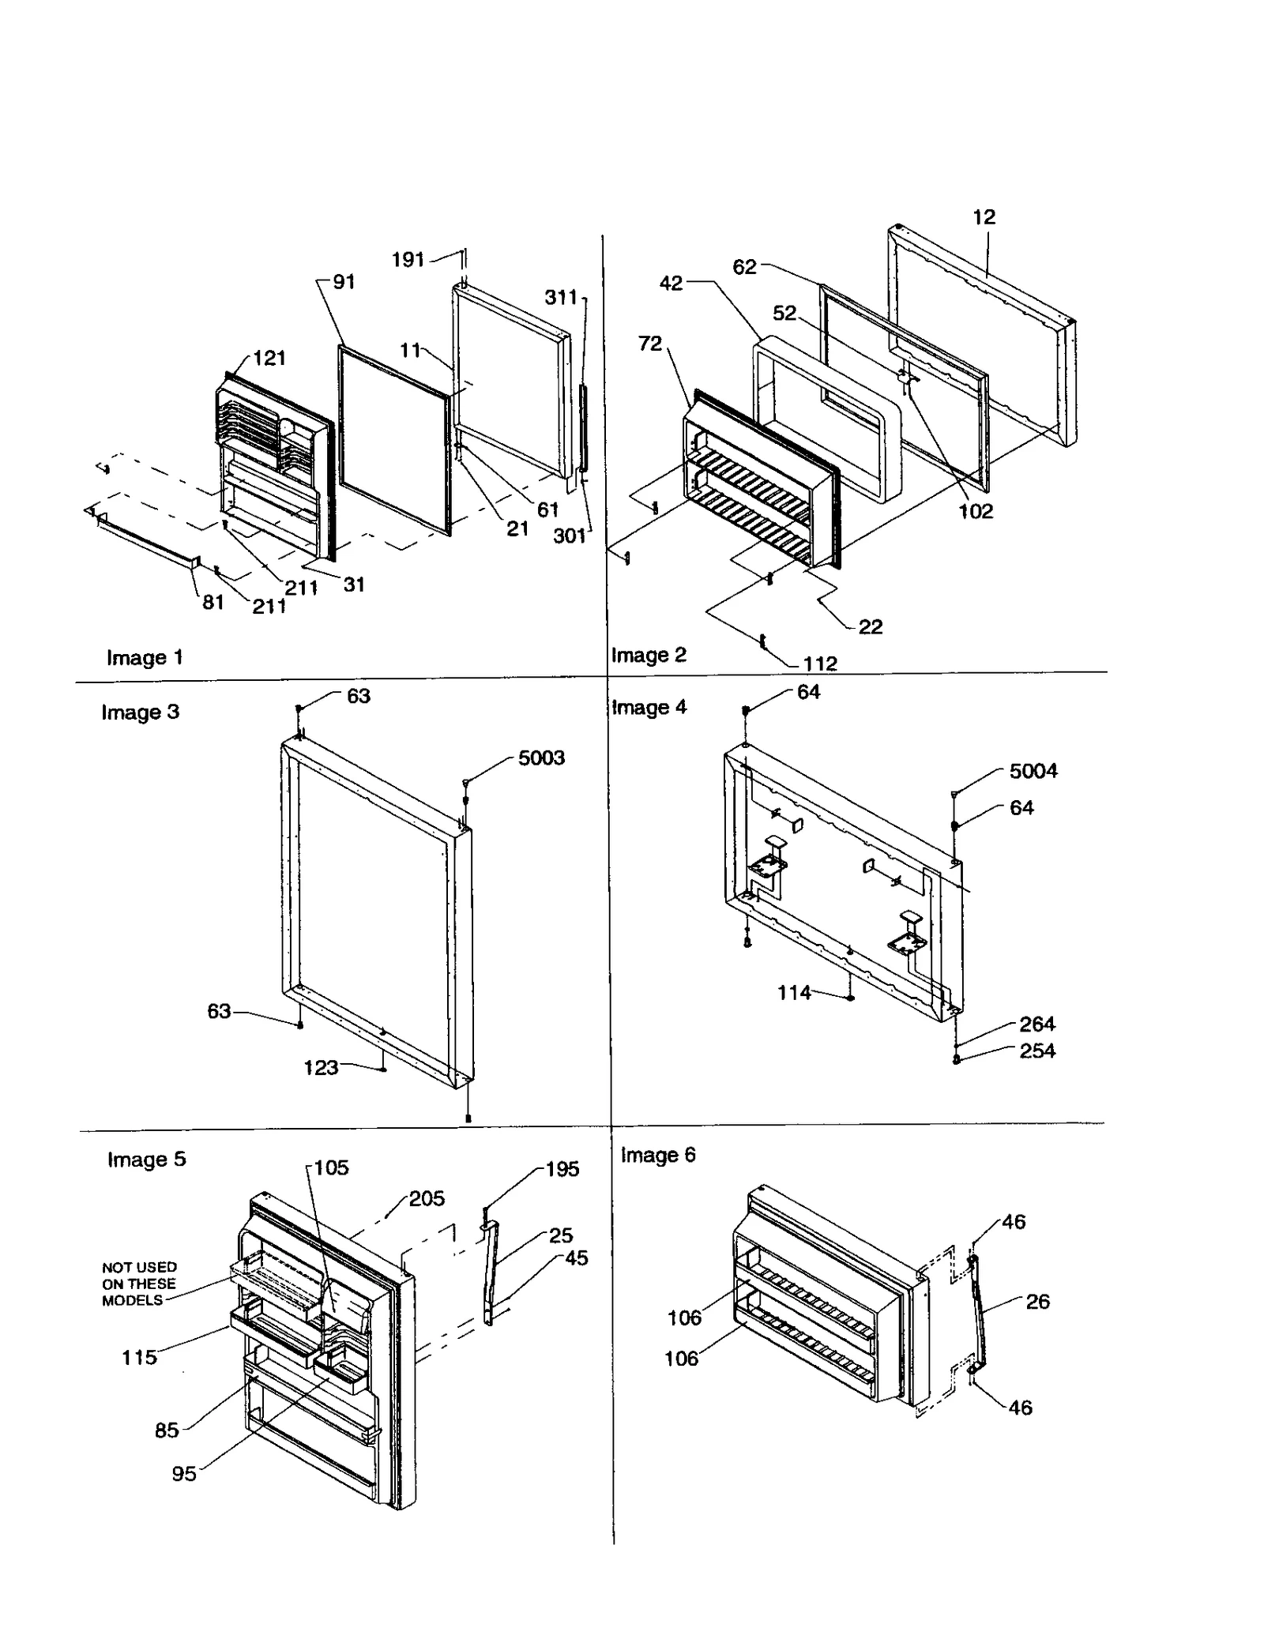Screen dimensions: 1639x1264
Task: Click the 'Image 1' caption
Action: tap(145, 657)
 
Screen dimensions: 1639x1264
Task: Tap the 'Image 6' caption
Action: tap(657, 1155)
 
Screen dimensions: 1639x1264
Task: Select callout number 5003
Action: tap(541, 757)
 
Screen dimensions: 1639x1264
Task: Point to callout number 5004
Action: tap(1033, 770)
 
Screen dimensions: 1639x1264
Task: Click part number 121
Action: tap(269, 358)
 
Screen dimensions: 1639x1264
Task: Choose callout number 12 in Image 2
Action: tap(984, 216)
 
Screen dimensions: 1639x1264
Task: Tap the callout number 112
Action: tap(819, 663)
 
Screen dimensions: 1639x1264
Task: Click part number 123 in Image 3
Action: tap(321, 1068)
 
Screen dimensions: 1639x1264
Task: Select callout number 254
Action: tap(1036, 1051)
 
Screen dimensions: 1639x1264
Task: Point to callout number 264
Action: tap(1036, 1024)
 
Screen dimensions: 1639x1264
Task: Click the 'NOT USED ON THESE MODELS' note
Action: tap(139, 1284)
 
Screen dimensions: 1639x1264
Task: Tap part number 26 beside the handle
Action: tap(1037, 1302)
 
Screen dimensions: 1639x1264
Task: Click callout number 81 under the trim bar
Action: tap(213, 602)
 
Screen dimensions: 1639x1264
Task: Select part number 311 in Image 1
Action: tap(561, 297)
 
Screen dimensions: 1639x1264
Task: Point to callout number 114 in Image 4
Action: tap(794, 993)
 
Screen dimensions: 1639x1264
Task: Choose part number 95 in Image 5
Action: tap(183, 1474)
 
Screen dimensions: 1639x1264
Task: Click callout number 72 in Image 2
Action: tap(649, 344)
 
